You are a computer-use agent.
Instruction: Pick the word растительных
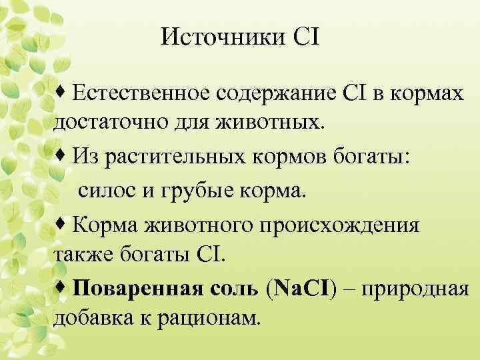pos(168,157)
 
